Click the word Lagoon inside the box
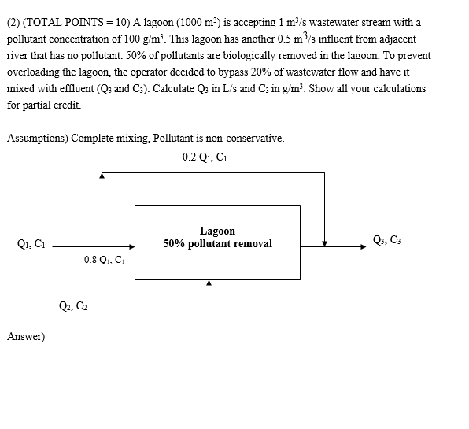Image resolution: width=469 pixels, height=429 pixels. (x=217, y=231)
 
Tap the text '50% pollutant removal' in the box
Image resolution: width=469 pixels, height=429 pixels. (x=217, y=244)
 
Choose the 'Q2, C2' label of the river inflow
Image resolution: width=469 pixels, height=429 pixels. (x=73, y=306)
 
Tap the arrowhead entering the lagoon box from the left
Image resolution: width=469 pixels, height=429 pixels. (x=131, y=246)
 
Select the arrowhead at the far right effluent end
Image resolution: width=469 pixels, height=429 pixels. (x=363, y=246)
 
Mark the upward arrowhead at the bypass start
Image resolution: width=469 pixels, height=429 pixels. (x=102, y=176)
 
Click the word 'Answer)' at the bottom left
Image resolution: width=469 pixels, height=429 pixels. (x=26, y=337)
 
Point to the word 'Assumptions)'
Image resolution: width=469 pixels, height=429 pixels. (x=37, y=138)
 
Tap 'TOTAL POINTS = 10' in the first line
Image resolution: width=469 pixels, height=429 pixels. (x=70, y=22)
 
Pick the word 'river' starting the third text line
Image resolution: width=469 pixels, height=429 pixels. (x=17, y=55)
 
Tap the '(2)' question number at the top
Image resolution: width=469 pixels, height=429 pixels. (x=13, y=22)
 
